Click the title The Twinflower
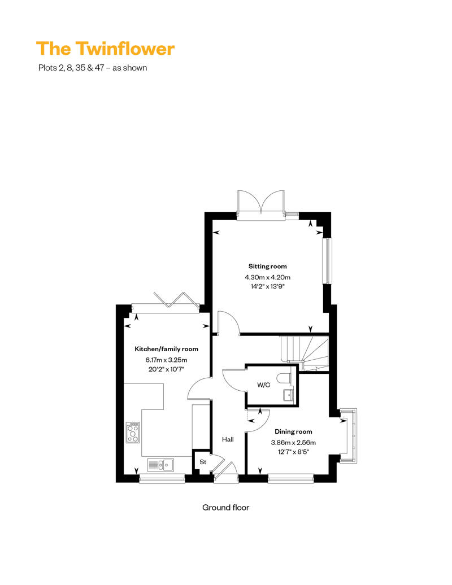coord(105,49)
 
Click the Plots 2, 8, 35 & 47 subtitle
coord(92,68)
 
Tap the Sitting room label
coord(267,266)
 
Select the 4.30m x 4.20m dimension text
coord(267,277)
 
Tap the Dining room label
coord(293,431)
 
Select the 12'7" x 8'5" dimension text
coord(293,452)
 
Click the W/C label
coord(263,386)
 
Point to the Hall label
coord(228,439)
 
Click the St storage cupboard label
coord(203,462)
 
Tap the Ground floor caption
coord(225,507)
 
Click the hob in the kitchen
coord(133,433)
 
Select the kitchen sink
coord(161,465)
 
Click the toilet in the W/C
coord(285,377)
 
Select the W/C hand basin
coord(289,394)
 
